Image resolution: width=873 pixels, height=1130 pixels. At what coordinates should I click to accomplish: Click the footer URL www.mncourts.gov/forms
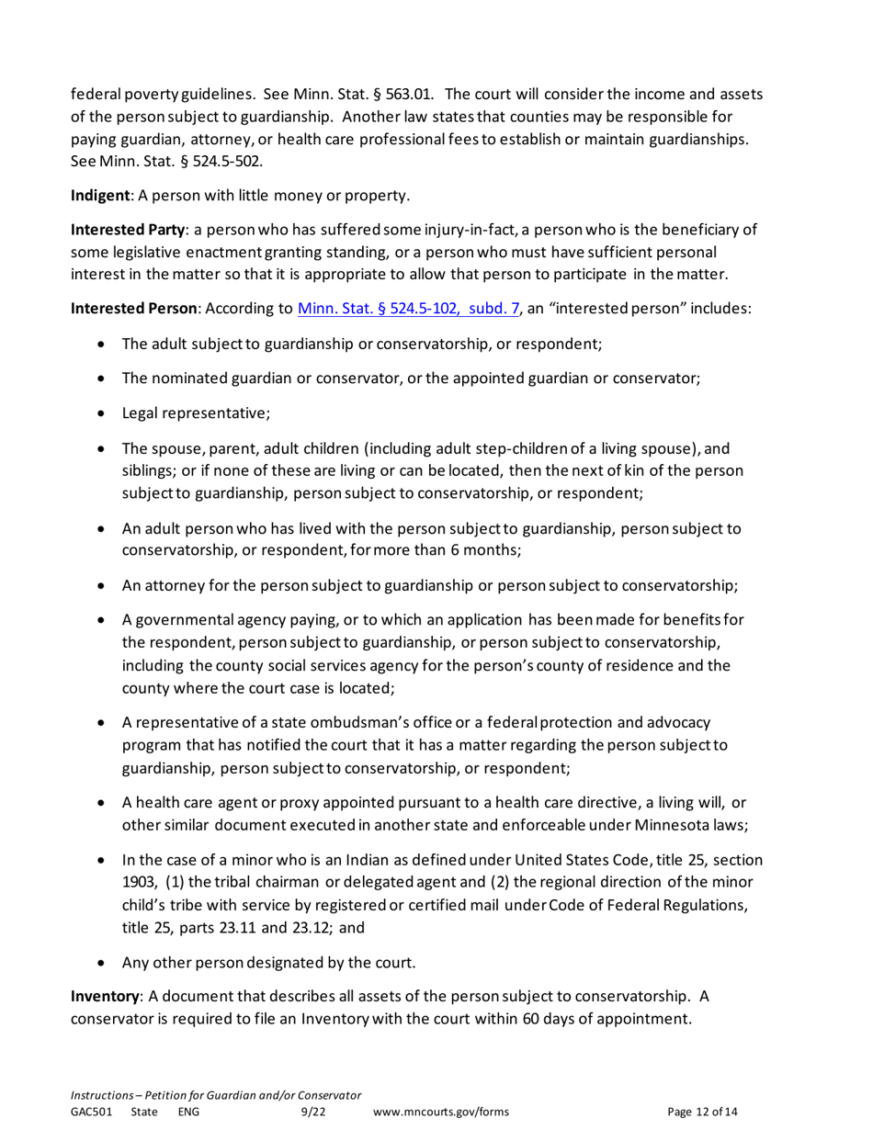pos(442,1113)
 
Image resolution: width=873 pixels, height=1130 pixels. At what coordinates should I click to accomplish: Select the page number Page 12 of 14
pos(702,1113)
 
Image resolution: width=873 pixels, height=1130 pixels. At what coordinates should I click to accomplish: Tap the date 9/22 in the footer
pos(314,1113)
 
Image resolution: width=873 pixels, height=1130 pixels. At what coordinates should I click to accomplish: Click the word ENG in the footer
pos(187,1113)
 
